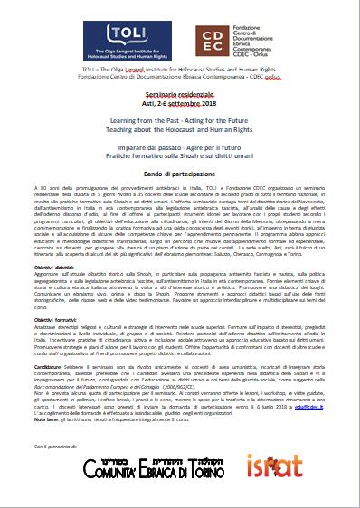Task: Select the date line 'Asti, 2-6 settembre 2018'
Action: point(179,105)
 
